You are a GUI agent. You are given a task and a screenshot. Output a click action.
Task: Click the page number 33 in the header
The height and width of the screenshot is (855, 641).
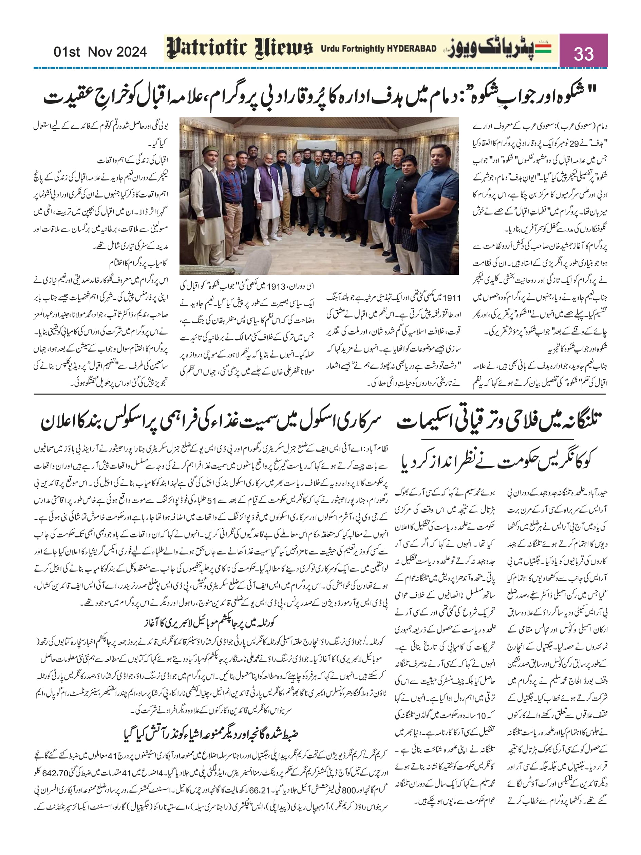click(583, 53)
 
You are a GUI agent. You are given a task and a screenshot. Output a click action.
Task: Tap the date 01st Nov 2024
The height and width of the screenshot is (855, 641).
click(100, 52)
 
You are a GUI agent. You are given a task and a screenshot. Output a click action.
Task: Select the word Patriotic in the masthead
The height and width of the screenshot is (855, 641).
click(207, 49)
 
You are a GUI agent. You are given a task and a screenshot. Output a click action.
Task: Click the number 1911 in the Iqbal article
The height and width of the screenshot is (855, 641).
click(452, 298)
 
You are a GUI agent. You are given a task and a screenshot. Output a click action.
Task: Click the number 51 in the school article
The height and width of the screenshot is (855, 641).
click(212, 500)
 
